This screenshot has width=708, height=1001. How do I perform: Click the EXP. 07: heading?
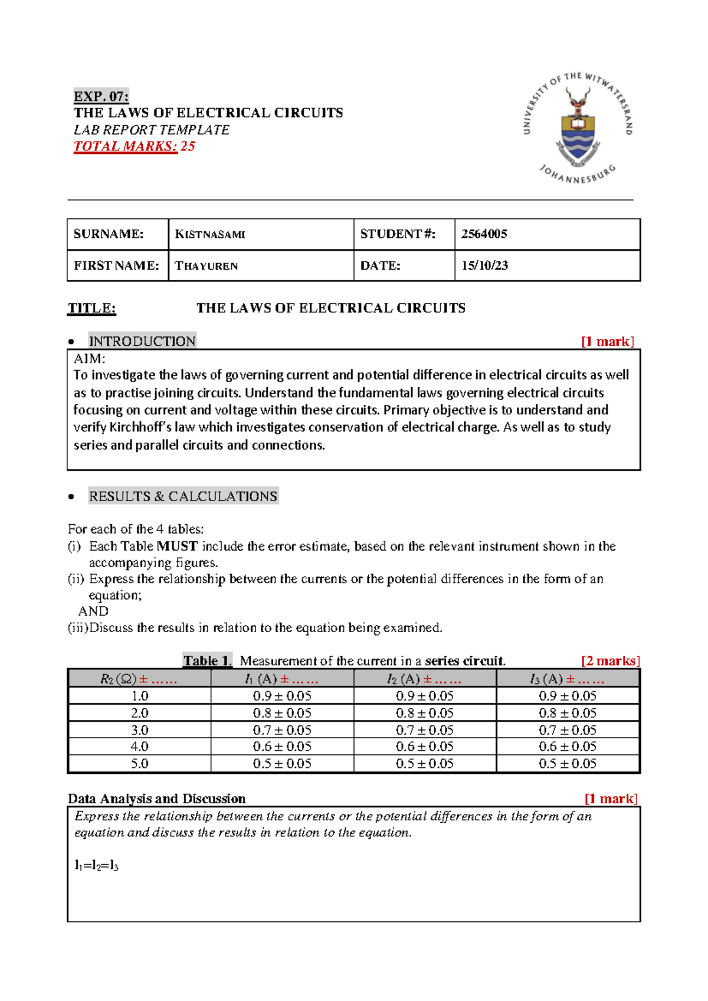(101, 96)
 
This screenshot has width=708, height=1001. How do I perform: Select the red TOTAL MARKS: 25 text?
(134, 146)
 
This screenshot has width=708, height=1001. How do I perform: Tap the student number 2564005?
(484, 234)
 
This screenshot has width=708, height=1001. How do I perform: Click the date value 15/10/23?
(484, 266)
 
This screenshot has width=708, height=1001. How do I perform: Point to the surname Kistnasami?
(209, 234)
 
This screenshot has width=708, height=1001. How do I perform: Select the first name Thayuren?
(206, 266)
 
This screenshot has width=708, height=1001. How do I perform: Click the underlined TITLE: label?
(91, 308)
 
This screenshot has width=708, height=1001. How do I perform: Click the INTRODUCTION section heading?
(142, 341)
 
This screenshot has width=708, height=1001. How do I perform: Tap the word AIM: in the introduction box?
(89, 359)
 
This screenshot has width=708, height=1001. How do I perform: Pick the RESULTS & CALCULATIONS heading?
(183, 496)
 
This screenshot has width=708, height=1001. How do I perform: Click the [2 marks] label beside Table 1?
(610, 661)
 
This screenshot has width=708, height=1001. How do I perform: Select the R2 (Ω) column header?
(139, 679)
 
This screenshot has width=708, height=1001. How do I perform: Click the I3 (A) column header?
(568, 679)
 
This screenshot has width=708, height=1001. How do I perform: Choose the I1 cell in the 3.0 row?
(282, 730)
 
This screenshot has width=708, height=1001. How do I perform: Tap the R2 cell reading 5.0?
(139, 764)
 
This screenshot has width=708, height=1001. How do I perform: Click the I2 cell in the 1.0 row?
(424, 696)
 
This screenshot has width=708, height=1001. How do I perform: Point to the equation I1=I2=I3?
(96, 866)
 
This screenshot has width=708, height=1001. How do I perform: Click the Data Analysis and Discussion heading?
(156, 799)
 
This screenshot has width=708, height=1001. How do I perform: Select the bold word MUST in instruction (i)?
(177, 547)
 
